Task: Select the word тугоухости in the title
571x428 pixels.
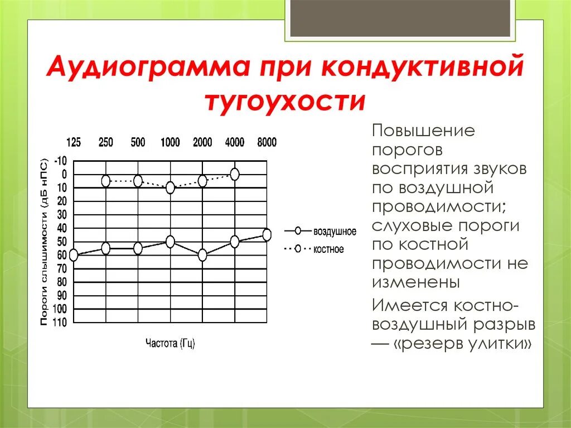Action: (285, 102)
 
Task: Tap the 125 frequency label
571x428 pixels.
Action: (74, 142)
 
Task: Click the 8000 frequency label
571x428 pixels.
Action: (267, 142)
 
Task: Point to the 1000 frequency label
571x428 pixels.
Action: (170, 142)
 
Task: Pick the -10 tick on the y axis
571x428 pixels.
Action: (60, 161)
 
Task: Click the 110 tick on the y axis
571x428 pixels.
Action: (60, 323)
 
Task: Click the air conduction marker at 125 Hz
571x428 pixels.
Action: (74, 256)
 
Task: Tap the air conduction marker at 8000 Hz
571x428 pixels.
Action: (267, 235)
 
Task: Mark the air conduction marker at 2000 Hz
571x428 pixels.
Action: (202, 255)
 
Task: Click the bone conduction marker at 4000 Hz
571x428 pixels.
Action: (235, 174)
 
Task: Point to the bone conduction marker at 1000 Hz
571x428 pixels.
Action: (170, 188)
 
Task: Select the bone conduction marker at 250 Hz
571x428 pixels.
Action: (106, 181)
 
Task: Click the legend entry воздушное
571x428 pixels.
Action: (335, 231)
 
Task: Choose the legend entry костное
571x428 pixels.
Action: (328, 249)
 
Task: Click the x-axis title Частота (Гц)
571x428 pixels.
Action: (170, 343)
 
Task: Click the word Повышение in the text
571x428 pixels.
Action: (424, 132)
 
